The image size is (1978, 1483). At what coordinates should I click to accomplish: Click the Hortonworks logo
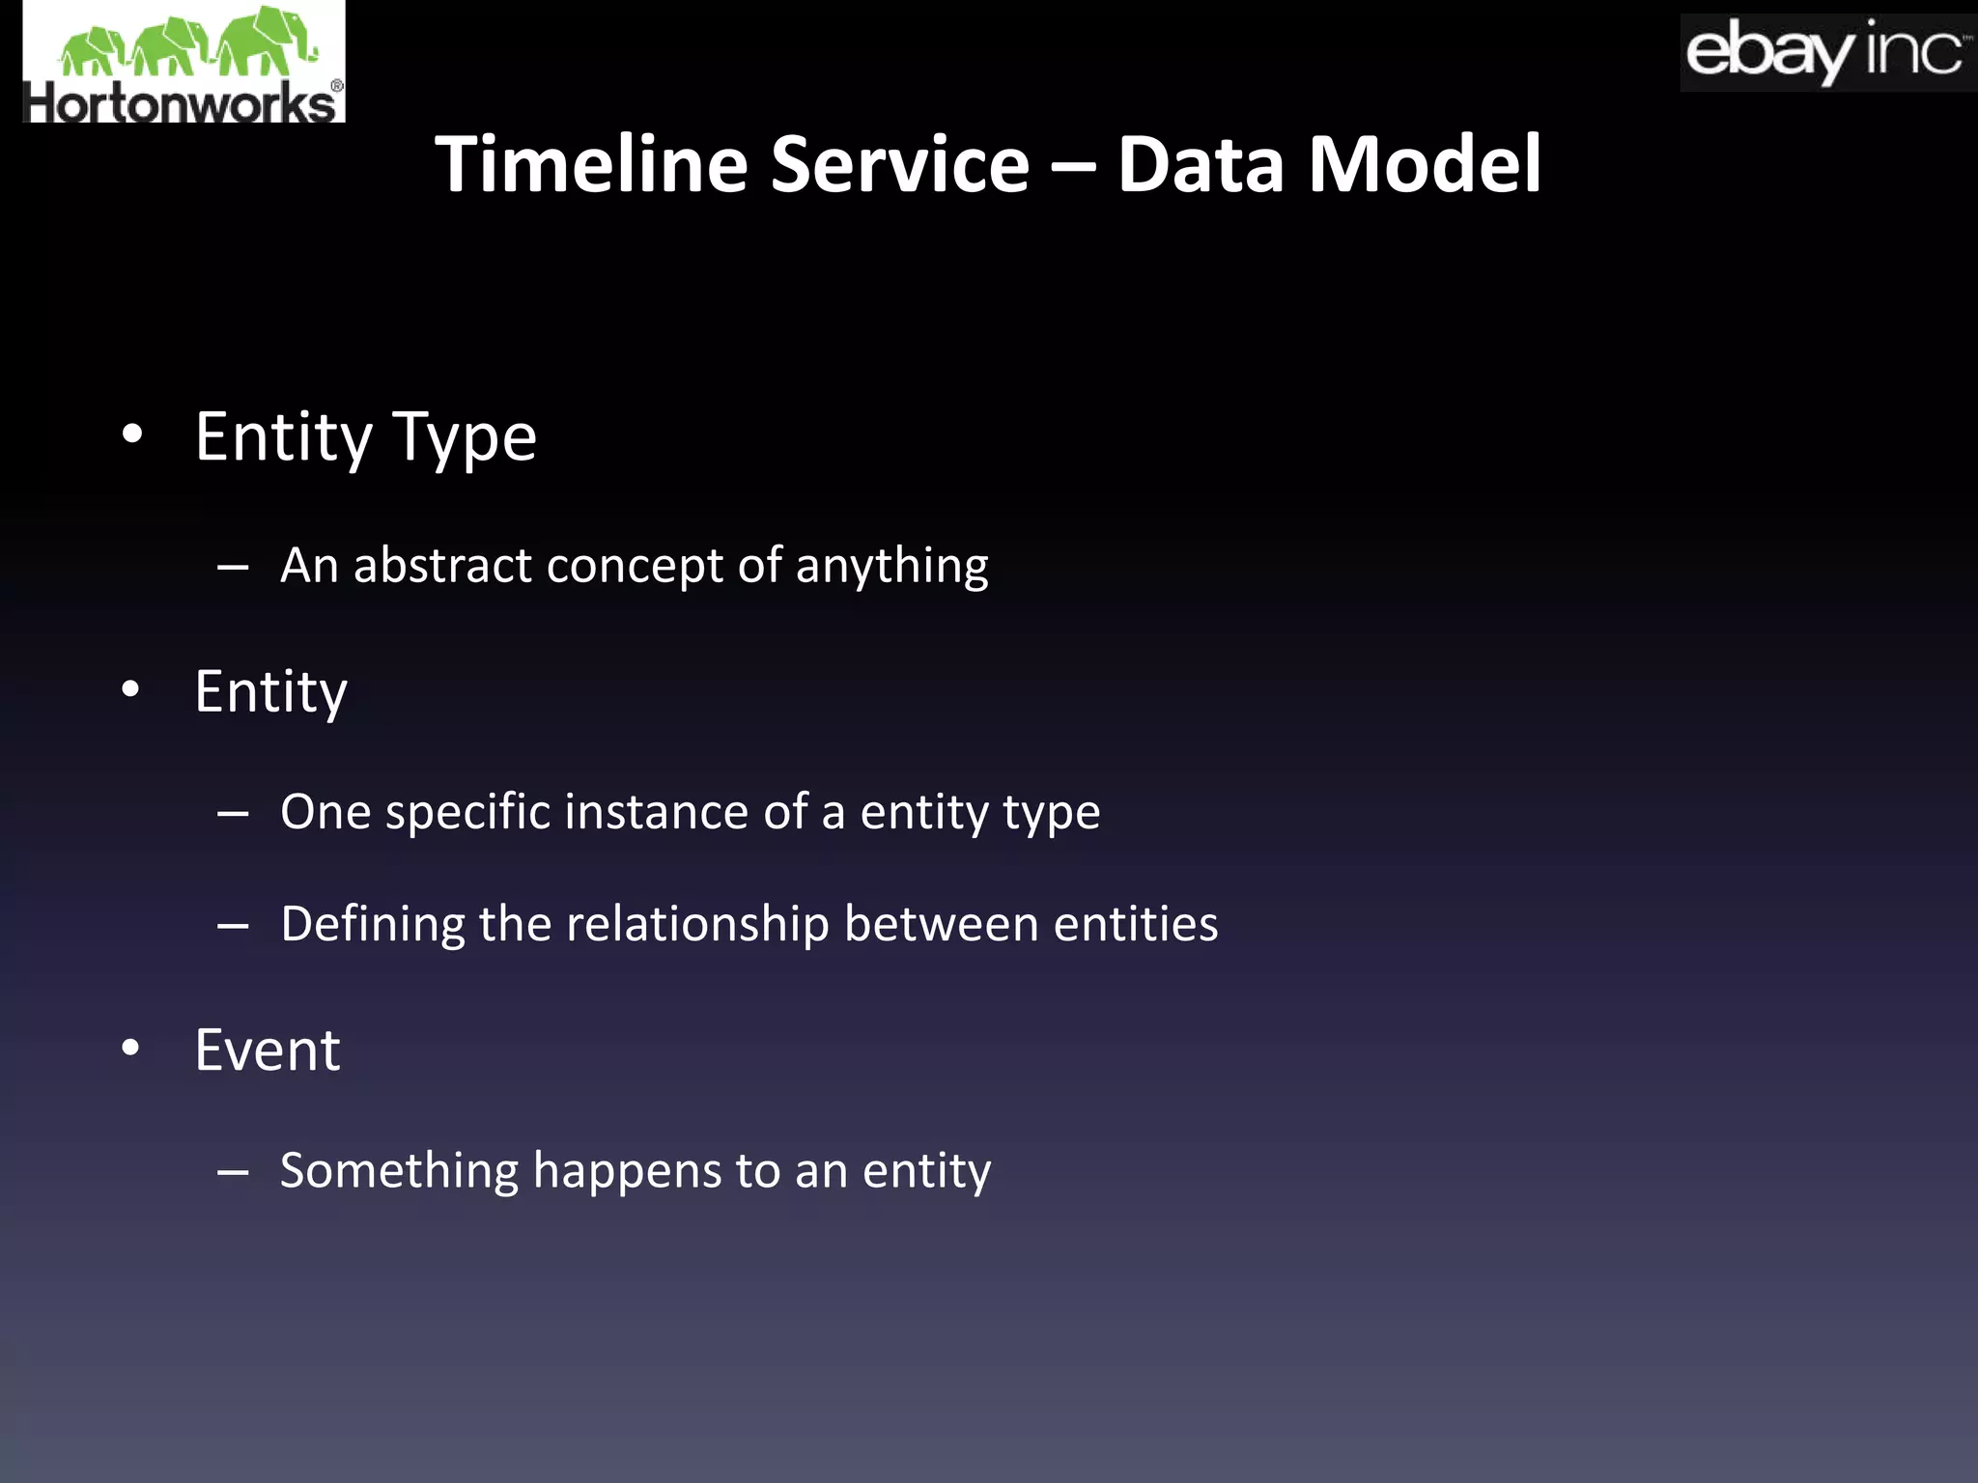(x=184, y=62)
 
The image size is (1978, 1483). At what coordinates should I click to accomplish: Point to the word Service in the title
(x=900, y=164)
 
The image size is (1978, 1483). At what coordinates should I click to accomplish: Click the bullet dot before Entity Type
(x=132, y=434)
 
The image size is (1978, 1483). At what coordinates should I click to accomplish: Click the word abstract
(x=441, y=565)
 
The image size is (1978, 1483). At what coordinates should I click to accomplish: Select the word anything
(x=891, y=567)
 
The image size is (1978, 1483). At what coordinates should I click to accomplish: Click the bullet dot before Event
(x=131, y=1048)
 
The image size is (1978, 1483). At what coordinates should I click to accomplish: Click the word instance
(x=657, y=811)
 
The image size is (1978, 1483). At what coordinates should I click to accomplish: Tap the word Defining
(x=373, y=925)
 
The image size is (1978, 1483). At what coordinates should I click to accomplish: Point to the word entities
(x=1135, y=924)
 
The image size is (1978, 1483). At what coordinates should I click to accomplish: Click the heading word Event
(x=268, y=1049)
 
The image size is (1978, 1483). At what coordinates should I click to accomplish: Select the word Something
(x=399, y=1171)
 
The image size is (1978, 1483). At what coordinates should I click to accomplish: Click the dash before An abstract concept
(x=233, y=568)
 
